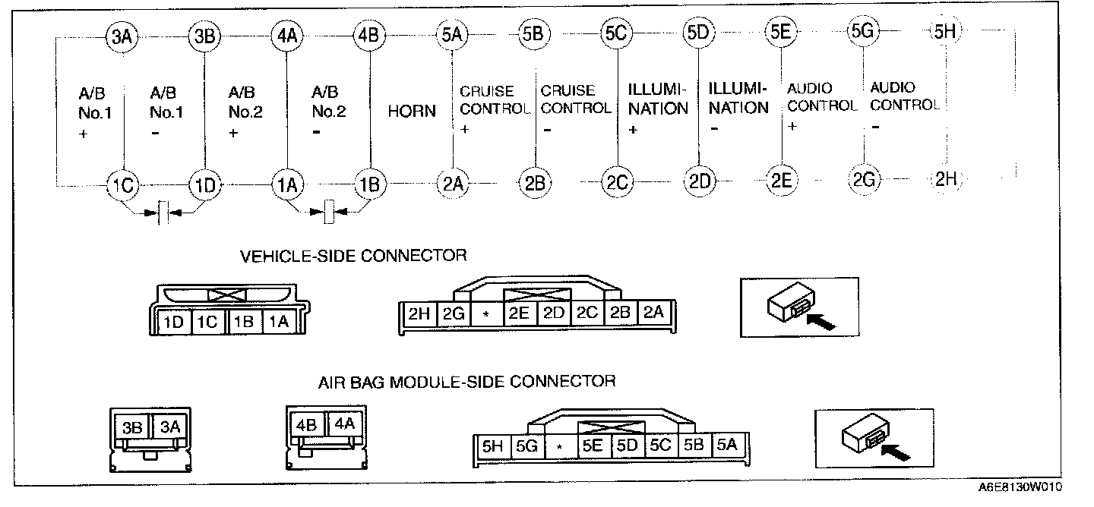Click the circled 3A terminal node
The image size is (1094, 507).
point(122,36)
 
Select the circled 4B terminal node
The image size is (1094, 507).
point(370,36)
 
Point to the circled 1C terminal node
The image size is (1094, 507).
point(122,184)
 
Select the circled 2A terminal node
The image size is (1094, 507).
point(452,183)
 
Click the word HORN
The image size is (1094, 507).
point(412,111)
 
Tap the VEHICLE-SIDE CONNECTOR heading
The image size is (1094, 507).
point(353,255)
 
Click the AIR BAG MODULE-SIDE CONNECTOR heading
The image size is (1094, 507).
point(466,380)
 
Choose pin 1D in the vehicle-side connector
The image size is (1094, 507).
point(174,323)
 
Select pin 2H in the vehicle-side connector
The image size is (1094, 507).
point(419,313)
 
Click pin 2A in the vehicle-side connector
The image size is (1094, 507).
point(653,313)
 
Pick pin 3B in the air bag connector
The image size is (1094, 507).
point(133,427)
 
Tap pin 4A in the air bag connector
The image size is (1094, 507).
point(344,423)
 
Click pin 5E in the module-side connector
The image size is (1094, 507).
point(593,446)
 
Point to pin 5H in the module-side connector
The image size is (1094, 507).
point(492,446)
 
